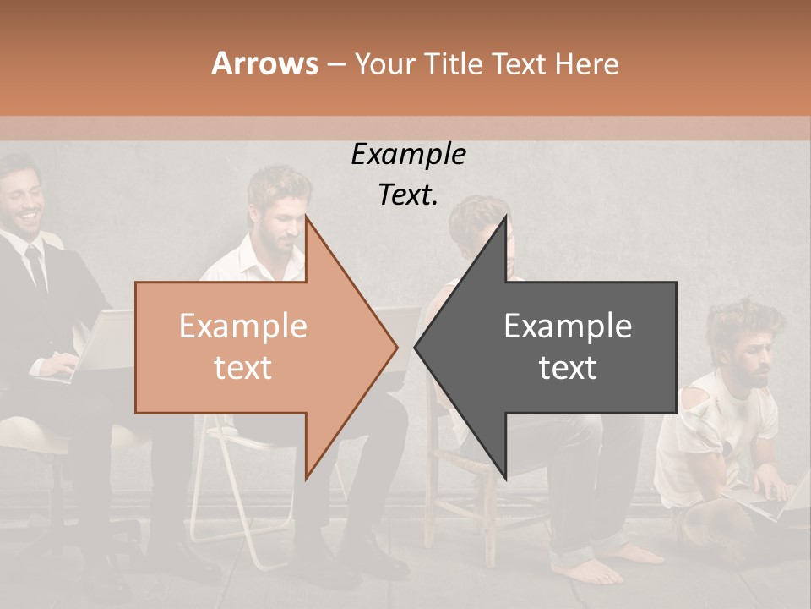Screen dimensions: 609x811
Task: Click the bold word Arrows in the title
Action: click(264, 63)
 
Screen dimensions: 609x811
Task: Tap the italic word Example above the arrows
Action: click(408, 155)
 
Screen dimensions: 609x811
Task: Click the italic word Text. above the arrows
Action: click(408, 195)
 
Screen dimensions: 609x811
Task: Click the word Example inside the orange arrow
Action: click(242, 326)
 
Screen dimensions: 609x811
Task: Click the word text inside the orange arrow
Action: click(242, 367)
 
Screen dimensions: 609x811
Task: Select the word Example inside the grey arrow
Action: click(568, 326)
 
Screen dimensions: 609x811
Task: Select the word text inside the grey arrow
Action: click(568, 367)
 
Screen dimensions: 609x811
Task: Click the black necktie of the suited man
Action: click(36, 266)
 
